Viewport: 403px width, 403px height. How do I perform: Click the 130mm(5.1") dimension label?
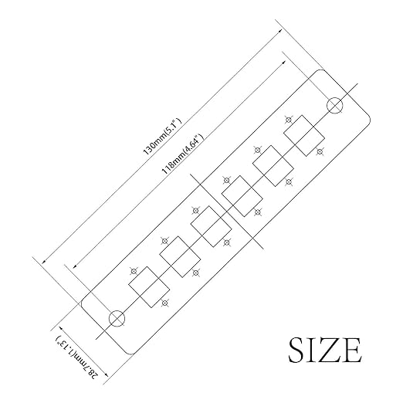162,137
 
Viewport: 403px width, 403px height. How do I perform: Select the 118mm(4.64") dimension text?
182,154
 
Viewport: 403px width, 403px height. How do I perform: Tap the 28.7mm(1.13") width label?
77,357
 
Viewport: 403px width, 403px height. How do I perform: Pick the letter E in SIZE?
351,350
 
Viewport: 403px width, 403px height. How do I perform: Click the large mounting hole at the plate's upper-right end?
335,106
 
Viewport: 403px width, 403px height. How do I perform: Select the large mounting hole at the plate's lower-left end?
117,319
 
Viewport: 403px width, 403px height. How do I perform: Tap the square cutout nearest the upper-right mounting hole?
304,136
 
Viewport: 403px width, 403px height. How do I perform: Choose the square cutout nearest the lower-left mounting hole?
149,287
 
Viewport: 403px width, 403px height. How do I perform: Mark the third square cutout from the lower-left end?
211,226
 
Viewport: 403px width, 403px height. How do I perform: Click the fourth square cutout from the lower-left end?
242,196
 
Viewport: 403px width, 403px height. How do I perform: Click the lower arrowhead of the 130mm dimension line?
45,261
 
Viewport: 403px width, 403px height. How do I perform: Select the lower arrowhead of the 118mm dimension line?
76,266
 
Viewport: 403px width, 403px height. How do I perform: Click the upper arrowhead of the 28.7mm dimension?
62,328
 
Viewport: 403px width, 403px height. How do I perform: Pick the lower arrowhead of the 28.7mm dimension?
105,374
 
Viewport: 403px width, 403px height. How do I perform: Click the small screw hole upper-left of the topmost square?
289,120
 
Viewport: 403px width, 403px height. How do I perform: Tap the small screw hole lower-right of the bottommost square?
165,303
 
